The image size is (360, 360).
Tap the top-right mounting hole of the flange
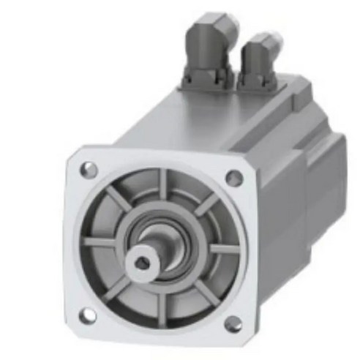click(233, 177)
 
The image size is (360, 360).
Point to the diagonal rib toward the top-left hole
click(116, 198)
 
